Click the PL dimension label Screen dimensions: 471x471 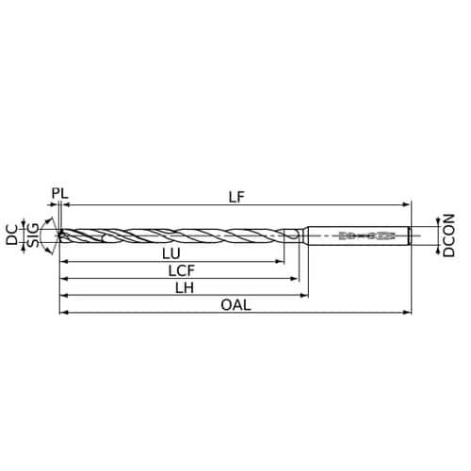[x=60, y=193]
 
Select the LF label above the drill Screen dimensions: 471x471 [x=236, y=197]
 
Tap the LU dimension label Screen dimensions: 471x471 [x=171, y=253]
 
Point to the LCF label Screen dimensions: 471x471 [x=182, y=270]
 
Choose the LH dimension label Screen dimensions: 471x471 [x=185, y=287]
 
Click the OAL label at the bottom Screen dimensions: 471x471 [x=235, y=305]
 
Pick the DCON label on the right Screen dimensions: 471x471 [x=448, y=235]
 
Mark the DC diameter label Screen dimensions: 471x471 [x=12, y=235]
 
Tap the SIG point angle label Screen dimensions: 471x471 [x=33, y=235]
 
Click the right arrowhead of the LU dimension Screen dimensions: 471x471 [x=281, y=261]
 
